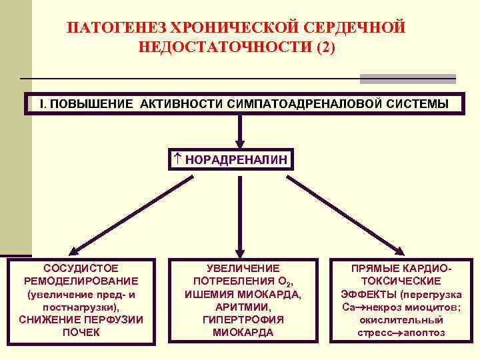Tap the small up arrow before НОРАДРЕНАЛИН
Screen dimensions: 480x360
coord(177,159)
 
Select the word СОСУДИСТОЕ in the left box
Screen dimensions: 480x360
coord(81,267)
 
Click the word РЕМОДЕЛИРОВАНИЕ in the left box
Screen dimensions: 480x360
coord(81,281)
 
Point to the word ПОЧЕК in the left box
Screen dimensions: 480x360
coord(81,332)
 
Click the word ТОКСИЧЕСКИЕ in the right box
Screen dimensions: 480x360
coord(401,281)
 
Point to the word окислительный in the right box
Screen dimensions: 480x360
coord(401,319)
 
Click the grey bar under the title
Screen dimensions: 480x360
coord(407,79)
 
